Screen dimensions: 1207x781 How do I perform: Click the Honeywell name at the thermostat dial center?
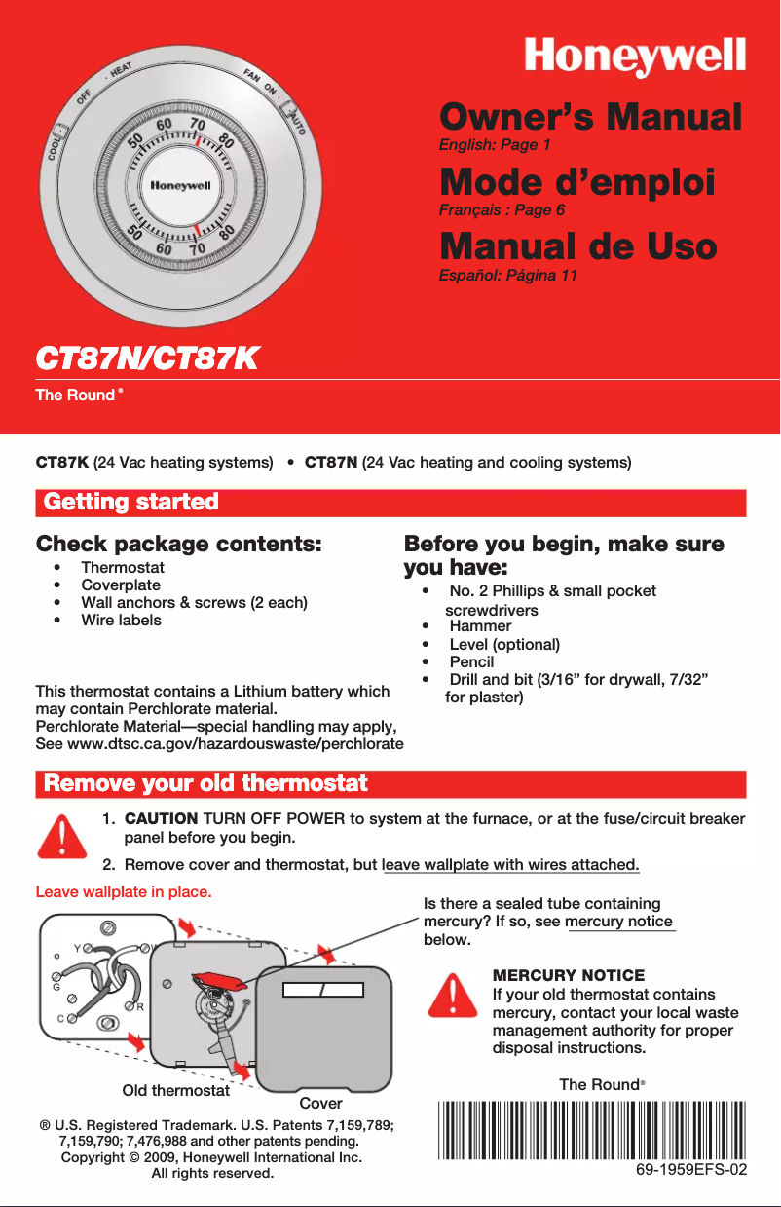tap(179, 185)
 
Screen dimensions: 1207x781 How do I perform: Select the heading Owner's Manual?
tap(589, 118)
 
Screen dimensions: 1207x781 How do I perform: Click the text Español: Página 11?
tap(508, 276)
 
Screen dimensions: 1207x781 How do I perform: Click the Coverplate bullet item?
tap(120, 585)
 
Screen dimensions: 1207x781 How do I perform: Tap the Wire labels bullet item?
tap(121, 620)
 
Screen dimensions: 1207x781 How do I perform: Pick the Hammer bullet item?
tap(480, 626)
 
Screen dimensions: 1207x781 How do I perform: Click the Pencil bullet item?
tap(471, 662)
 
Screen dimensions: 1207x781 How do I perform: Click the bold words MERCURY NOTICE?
tap(569, 975)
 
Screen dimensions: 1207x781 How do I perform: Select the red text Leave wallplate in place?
tap(123, 891)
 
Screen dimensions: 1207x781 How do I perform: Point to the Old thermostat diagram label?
tap(175, 1089)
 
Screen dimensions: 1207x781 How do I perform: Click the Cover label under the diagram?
tap(320, 1103)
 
